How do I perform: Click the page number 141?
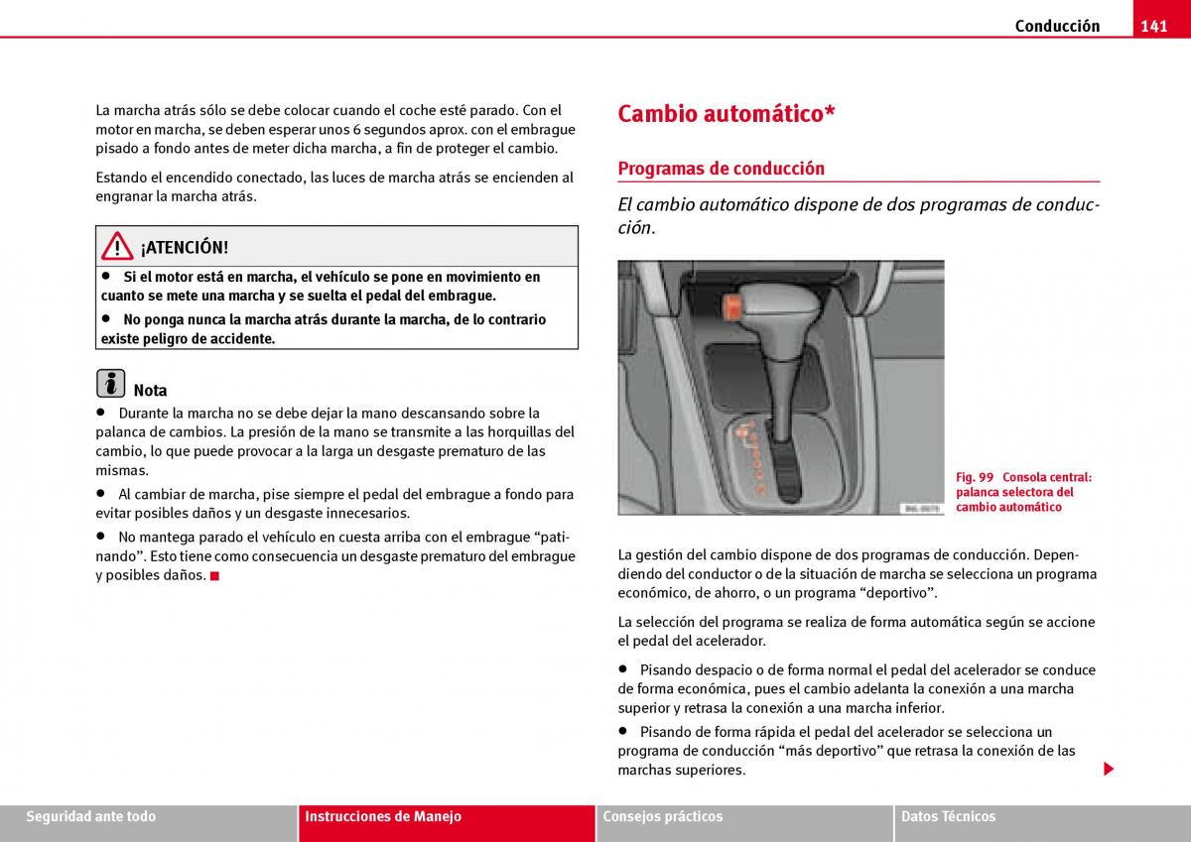(x=1153, y=27)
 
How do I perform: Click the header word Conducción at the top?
(x=1057, y=27)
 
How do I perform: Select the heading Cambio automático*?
(x=726, y=114)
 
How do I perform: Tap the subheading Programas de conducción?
(x=721, y=169)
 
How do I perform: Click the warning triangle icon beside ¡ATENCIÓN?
(x=117, y=246)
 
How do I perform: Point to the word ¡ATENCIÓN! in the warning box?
(x=185, y=248)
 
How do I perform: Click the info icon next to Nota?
(x=111, y=384)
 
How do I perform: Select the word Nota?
(x=150, y=391)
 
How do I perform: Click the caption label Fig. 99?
(x=975, y=477)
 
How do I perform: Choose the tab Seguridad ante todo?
(x=91, y=817)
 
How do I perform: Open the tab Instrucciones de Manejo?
(x=383, y=817)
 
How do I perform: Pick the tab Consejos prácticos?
(x=662, y=817)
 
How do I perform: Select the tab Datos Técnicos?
(x=948, y=817)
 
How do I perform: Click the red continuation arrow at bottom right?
(x=1109, y=770)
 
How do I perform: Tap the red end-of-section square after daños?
(x=214, y=575)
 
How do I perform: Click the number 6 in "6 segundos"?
(x=356, y=130)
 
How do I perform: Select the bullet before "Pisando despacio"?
(x=623, y=669)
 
